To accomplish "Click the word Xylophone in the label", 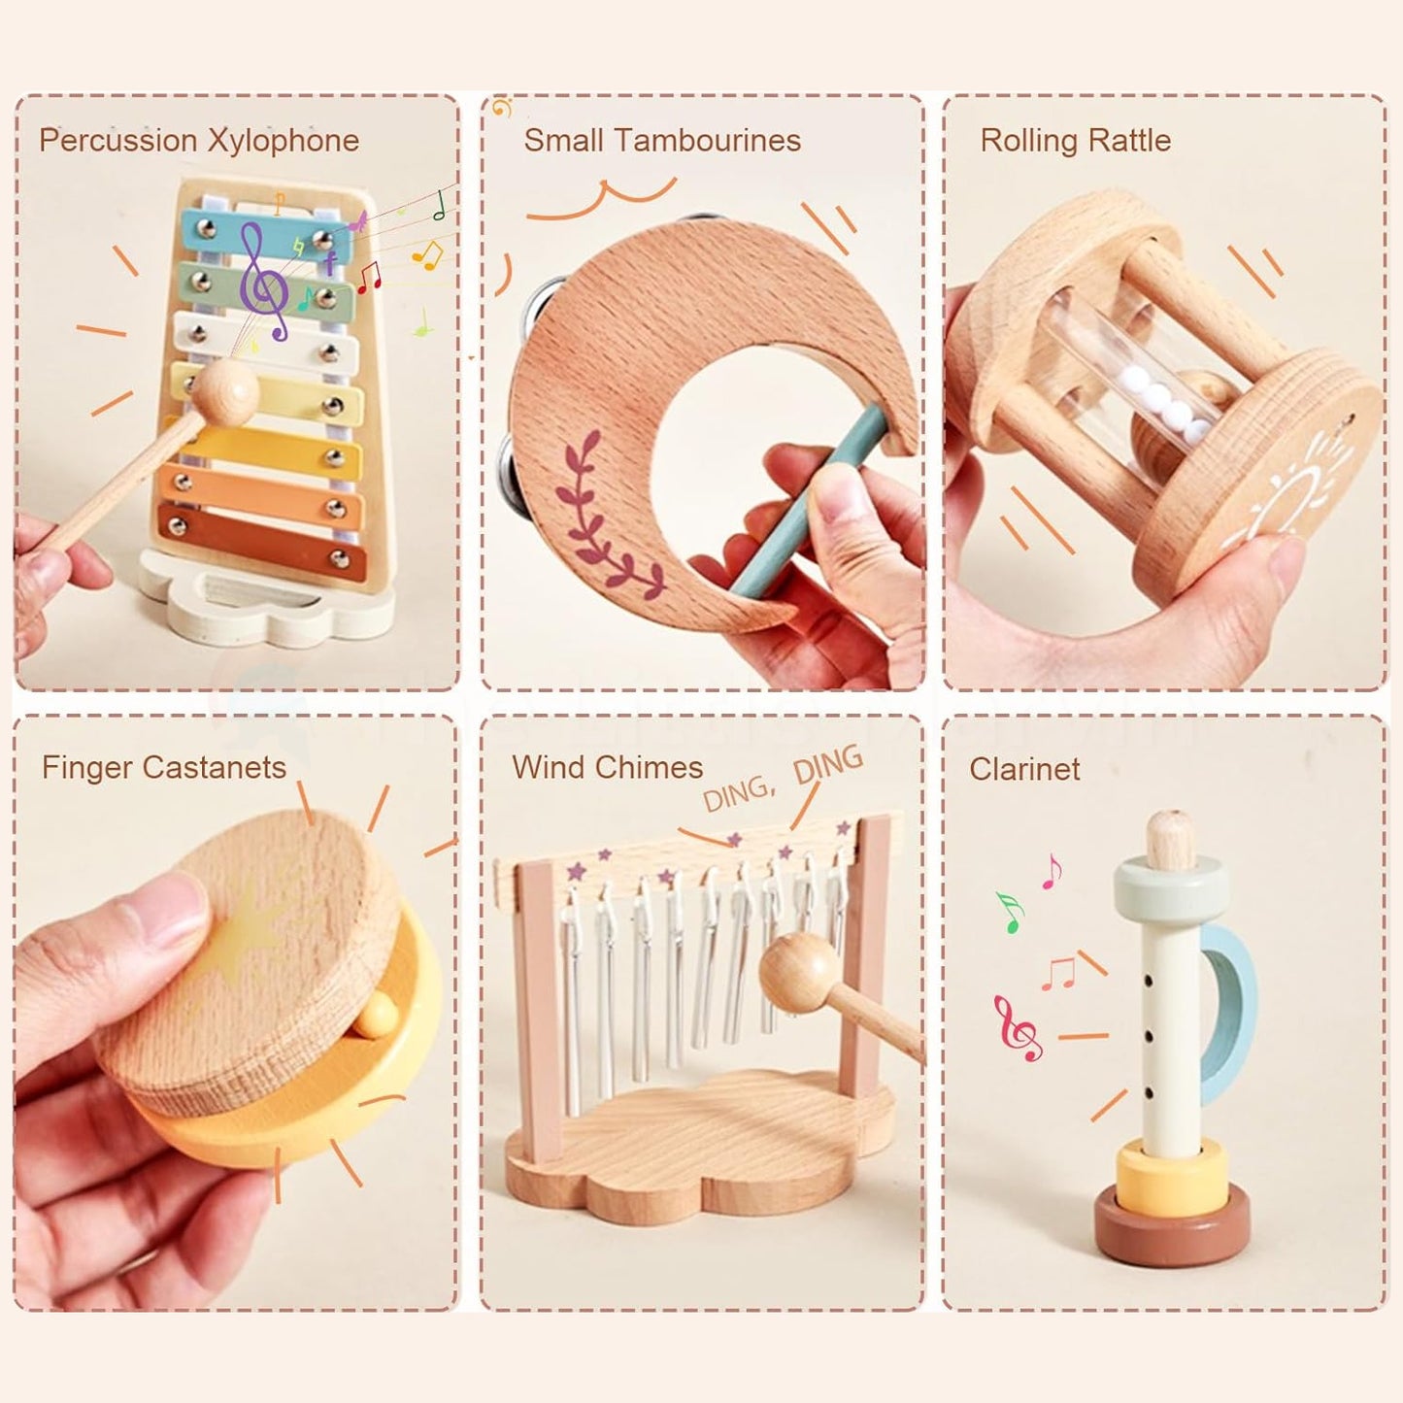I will coord(284,142).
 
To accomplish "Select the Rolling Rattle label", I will coord(1075,141).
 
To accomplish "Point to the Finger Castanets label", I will coord(163,768).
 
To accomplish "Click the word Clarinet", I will coord(1024,769).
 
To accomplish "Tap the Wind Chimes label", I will coord(607,768).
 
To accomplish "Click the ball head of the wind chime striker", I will coord(798,971).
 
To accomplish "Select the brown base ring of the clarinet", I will coord(1172,1225).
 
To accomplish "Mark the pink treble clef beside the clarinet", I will coord(1017,1027).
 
